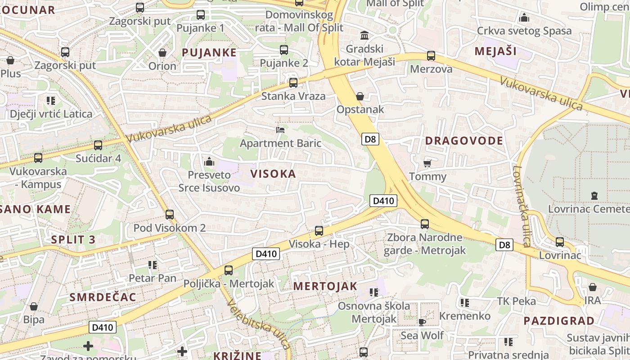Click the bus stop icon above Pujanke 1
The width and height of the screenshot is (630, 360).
(201, 15)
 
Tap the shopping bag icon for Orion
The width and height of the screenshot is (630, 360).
(162, 53)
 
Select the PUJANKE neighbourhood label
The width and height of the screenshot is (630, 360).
(209, 52)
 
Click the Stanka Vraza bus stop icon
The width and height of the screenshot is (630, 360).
(293, 83)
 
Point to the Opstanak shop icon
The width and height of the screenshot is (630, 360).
(360, 96)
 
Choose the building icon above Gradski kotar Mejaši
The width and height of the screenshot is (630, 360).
(364, 35)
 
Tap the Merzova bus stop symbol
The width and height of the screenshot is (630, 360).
(431, 56)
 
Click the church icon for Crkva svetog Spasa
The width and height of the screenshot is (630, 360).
(524, 18)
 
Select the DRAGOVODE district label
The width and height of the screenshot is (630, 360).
(464, 140)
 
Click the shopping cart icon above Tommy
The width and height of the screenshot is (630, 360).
(427, 163)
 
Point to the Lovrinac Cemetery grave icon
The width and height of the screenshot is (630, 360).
(594, 196)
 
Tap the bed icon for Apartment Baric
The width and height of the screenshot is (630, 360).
(280, 130)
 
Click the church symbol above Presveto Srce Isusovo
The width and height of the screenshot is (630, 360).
(209, 161)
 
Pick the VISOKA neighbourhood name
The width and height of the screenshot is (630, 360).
(273, 174)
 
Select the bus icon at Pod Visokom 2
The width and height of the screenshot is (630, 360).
(170, 215)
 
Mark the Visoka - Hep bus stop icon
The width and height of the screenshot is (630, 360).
(319, 231)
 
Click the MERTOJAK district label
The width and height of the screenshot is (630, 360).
(325, 286)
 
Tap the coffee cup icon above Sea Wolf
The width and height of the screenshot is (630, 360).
(422, 322)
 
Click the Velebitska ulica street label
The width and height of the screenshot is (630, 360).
(258, 325)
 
